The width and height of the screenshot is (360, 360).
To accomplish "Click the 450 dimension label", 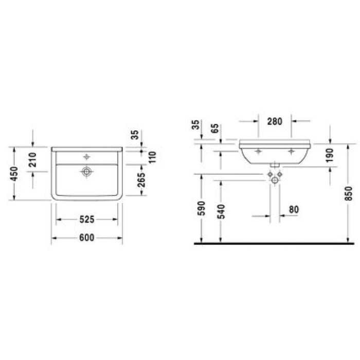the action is click(x=14, y=174).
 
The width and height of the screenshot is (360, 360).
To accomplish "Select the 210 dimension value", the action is click(x=33, y=160).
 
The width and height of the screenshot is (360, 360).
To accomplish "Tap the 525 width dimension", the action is click(x=87, y=220).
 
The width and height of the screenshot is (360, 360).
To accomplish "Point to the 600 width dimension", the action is click(x=87, y=238).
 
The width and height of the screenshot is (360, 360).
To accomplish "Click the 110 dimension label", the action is click(x=152, y=157).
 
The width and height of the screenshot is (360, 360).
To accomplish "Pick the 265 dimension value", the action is click(x=141, y=179).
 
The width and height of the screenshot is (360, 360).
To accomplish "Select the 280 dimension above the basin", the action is click(x=275, y=121).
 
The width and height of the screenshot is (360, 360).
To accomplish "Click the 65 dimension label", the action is click(x=215, y=129).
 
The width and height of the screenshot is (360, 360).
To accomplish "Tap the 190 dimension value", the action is click(x=330, y=155).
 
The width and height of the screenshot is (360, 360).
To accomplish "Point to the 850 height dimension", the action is click(x=349, y=193).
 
